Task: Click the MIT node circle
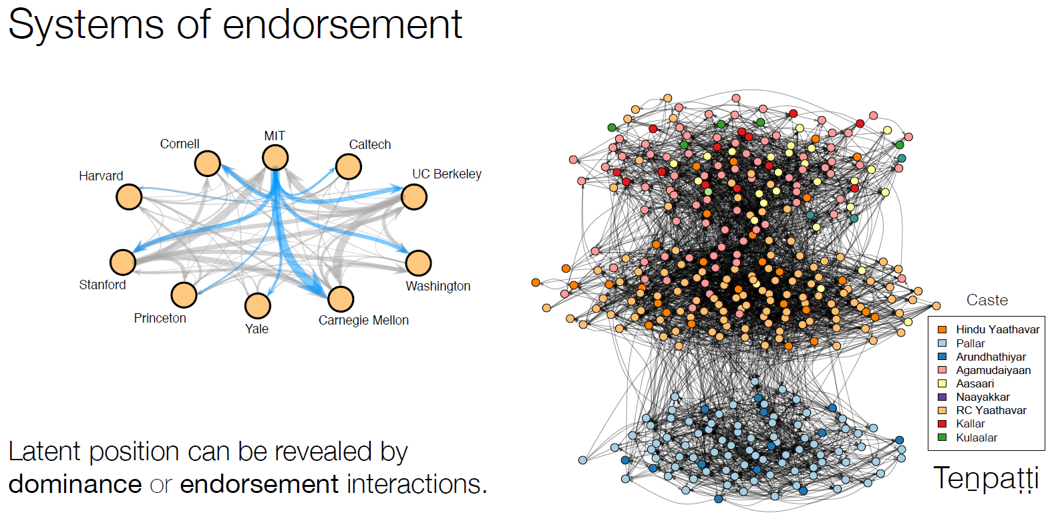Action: pyautogui.click(x=275, y=158)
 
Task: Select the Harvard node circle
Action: pyautogui.click(x=129, y=197)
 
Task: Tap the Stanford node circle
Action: pyautogui.click(x=123, y=262)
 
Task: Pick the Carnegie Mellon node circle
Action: pyautogui.click(x=340, y=299)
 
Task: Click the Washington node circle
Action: pyautogui.click(x=418, y=263)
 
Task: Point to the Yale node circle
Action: pyautogui.click(x=257, y=306)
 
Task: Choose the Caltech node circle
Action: pyautogui.click(x=348, y=166)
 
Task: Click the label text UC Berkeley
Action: pyautogui.click(x=446, y=174)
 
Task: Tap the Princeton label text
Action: pyautogui.click(x=160, y=319)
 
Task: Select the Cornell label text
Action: pyautogui.click(x=179, y=144)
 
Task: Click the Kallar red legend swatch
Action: pyautogui.click(x=942, y=423)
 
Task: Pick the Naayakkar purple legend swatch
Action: pyautogui.click(x=942, y=397)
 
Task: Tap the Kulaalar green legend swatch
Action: pyautogui.click(x=942, y=437)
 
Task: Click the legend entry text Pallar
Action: pyautogui.click(x=970, y=343)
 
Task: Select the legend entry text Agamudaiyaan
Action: pyautogui.click(x=993, y=370)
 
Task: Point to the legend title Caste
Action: pyautogui.click(x=987, y=300)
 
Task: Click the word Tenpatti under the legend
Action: pyautogui.click(x=985, y=478)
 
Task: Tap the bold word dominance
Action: pyautogui.click(x=75, y=484)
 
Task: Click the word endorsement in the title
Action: pyautogui.click(x=341, y=25)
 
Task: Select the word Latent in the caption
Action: pyautogui.click(x=45, y=452)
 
